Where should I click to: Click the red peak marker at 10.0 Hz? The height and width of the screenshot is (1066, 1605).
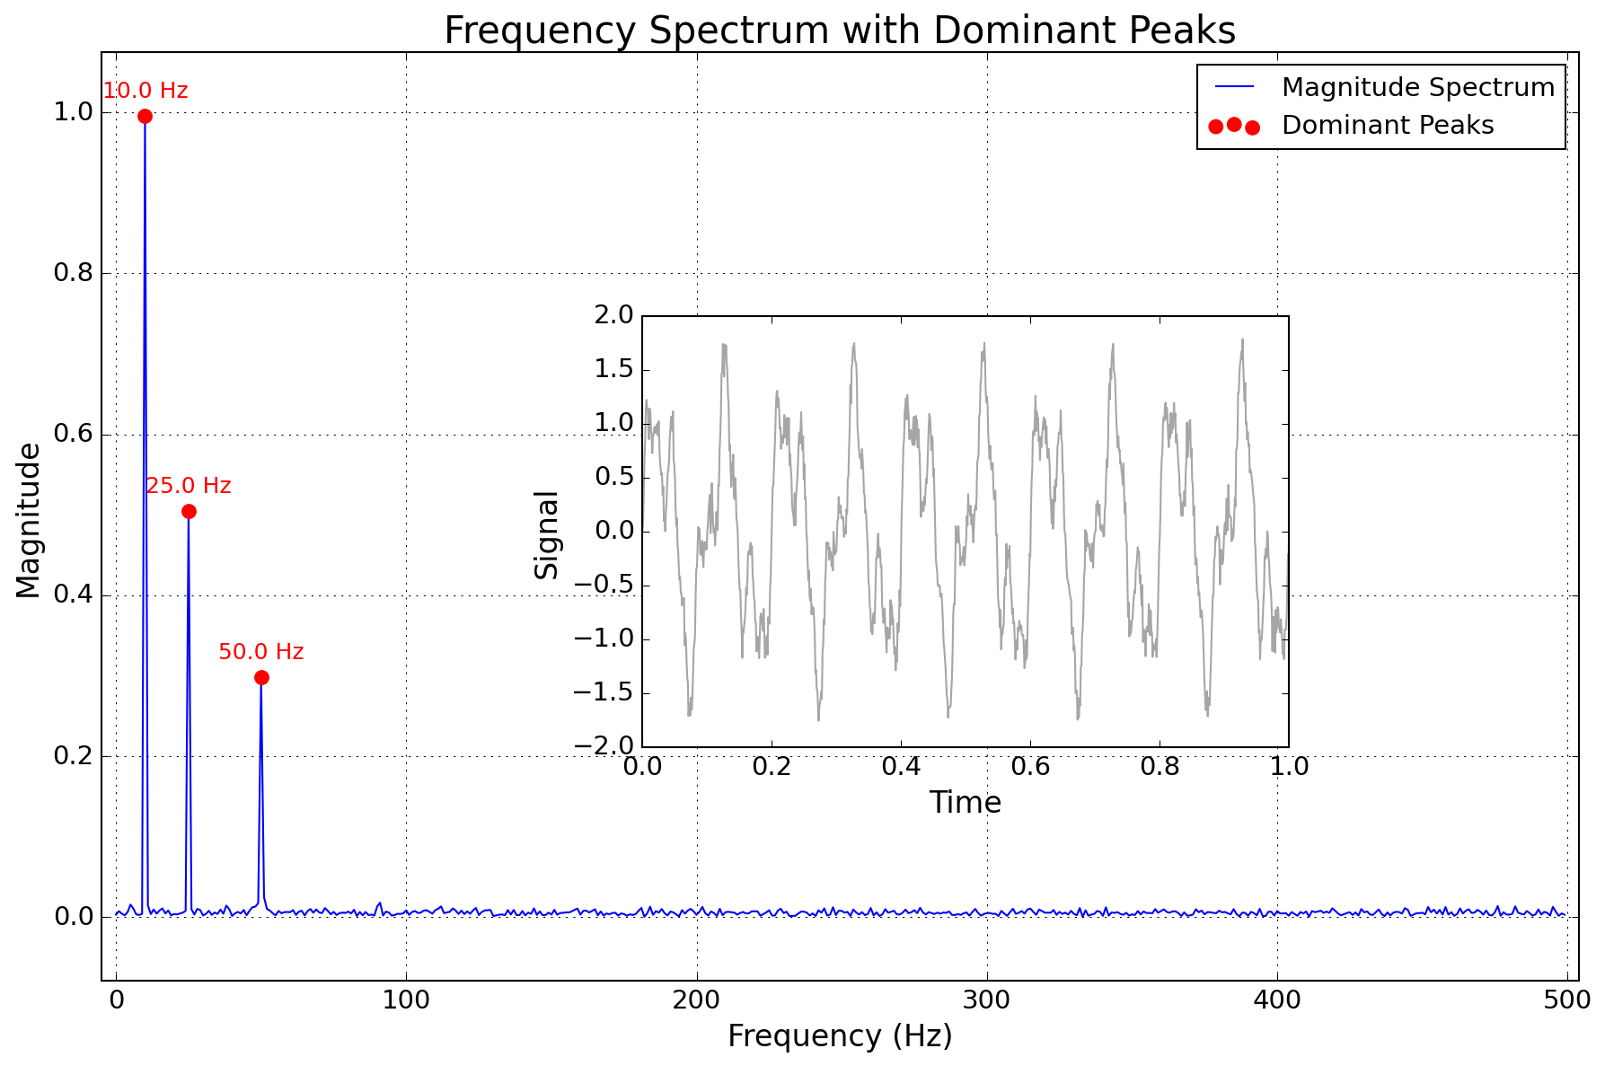pyautogui.click(x=145, y=116)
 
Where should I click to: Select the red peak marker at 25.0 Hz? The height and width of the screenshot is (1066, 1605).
pyautogui.click(x=189, y=511)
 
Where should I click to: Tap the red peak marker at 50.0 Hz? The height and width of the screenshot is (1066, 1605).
pyautogui.click(x=261, y=677)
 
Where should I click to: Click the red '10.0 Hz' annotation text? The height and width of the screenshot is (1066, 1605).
pyautogui.click(x=146, y=91)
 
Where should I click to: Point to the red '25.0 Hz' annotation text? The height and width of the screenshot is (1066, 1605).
pyautogui.click(x=189, y=486)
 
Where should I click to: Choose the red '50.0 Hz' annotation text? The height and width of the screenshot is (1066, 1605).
pyautogui.click(x=261, y=652)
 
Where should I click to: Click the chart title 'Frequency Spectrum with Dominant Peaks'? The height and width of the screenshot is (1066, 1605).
pyautogui.click(x=840, y=31)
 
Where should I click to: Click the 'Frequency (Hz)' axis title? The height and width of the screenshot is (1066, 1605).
pyautogui.click(x=840, y=1036)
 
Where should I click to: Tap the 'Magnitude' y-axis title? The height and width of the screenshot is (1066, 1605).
pyautogui.click(x=29, y=520)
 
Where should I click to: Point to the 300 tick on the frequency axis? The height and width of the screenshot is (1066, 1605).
pyautogui.click(x=987, y=1000)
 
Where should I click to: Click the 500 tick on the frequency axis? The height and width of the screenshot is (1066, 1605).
pyautogui.click(x=1567, y=1000)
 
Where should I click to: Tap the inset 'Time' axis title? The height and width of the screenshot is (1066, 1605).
pyautogui.click(x=966, y=802)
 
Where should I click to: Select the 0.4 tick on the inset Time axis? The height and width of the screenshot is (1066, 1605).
pyautogui.click(x=901, y=767)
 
